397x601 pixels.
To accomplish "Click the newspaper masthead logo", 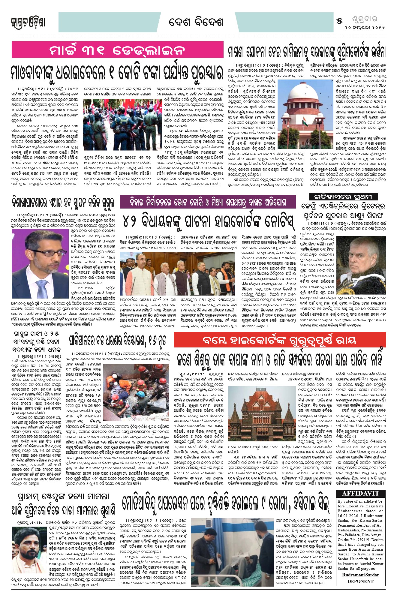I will [28, 23].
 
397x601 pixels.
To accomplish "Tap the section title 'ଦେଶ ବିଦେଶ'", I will [196, 22].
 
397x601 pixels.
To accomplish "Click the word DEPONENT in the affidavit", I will [360, 581].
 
